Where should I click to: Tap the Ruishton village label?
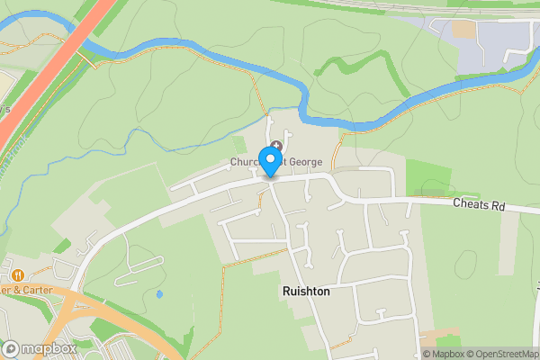tap(306, 292)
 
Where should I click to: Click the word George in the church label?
tap(304, 162)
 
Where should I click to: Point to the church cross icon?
tap(275, 146)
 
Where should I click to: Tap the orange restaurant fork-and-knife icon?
tap(17, 274)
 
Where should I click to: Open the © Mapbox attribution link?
tap(442, 354)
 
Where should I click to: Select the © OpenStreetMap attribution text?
tap(500, 354)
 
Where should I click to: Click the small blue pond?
tap(159, 293)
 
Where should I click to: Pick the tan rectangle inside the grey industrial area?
tap(463, 29)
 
